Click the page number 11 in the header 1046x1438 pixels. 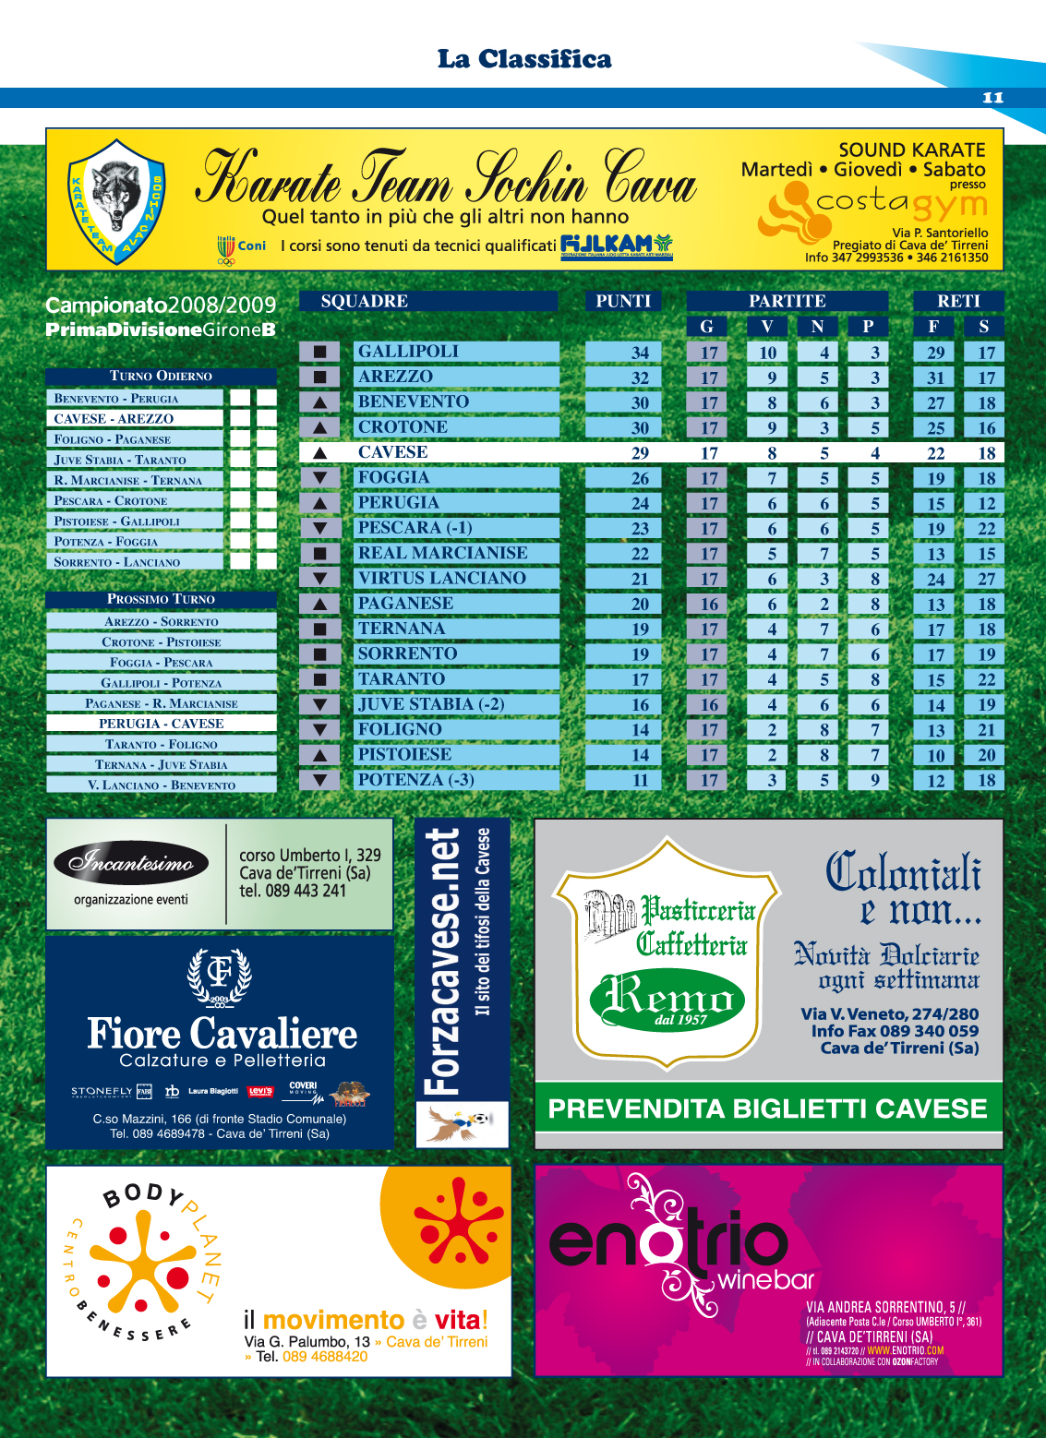click(992, 98)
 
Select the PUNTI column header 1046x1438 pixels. click(623, 301)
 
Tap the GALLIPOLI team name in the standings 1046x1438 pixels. click(408, 352)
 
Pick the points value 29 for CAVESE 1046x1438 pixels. click(640, 453)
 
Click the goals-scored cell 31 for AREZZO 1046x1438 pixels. click(935, 377)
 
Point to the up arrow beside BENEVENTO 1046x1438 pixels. click(319, 402)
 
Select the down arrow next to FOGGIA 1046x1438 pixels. click(319, 478)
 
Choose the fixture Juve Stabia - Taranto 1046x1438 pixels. click(120, 460)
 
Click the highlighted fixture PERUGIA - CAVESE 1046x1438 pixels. click(161, 724)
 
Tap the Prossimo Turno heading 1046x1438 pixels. click(161, 599)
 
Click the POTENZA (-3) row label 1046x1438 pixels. click(415, 780)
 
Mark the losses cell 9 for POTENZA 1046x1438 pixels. click(874, 781)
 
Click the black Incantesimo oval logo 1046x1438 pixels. click(131, 863)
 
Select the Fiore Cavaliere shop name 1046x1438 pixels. click(222, 1034)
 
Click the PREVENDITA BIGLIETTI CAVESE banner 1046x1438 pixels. click(767, 1108)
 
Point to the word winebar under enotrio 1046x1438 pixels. click(765, 1279)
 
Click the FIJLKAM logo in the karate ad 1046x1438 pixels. click(616, 246)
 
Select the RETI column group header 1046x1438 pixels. click(958, 301)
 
